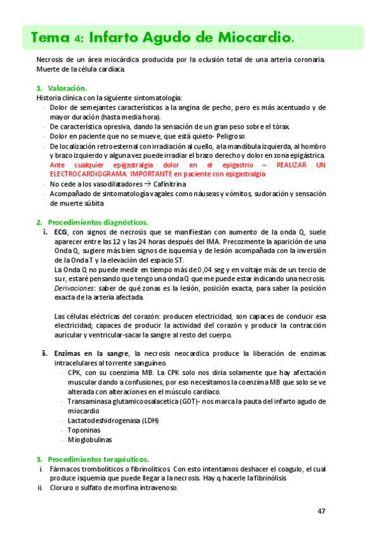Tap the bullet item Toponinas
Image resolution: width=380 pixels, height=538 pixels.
[x=86, y=430]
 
